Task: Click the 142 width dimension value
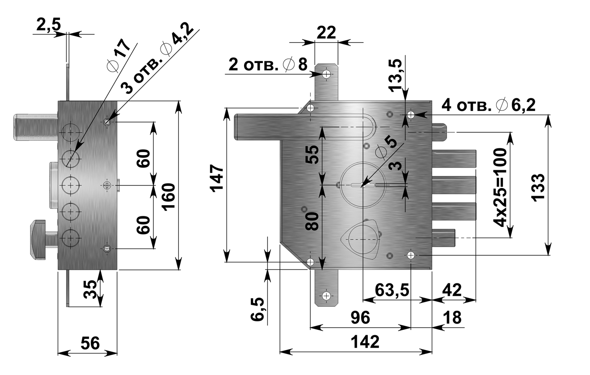point(365,342)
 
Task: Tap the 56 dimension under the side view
point(89,343)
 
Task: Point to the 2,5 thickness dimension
point(48,26)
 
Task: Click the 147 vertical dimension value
point(217,178)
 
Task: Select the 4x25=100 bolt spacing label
point(501,188)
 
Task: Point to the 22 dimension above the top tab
point(326,32)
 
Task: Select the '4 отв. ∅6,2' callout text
point(489,105)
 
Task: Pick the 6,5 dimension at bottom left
point(258,308)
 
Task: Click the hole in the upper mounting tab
point(326,74)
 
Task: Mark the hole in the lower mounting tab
point(326,296)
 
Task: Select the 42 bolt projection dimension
point(452,290)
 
